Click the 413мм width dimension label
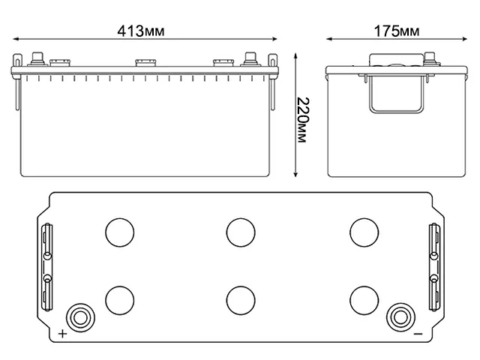(142, 31)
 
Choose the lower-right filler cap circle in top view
(362, 299)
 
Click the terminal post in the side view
(430, 58)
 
